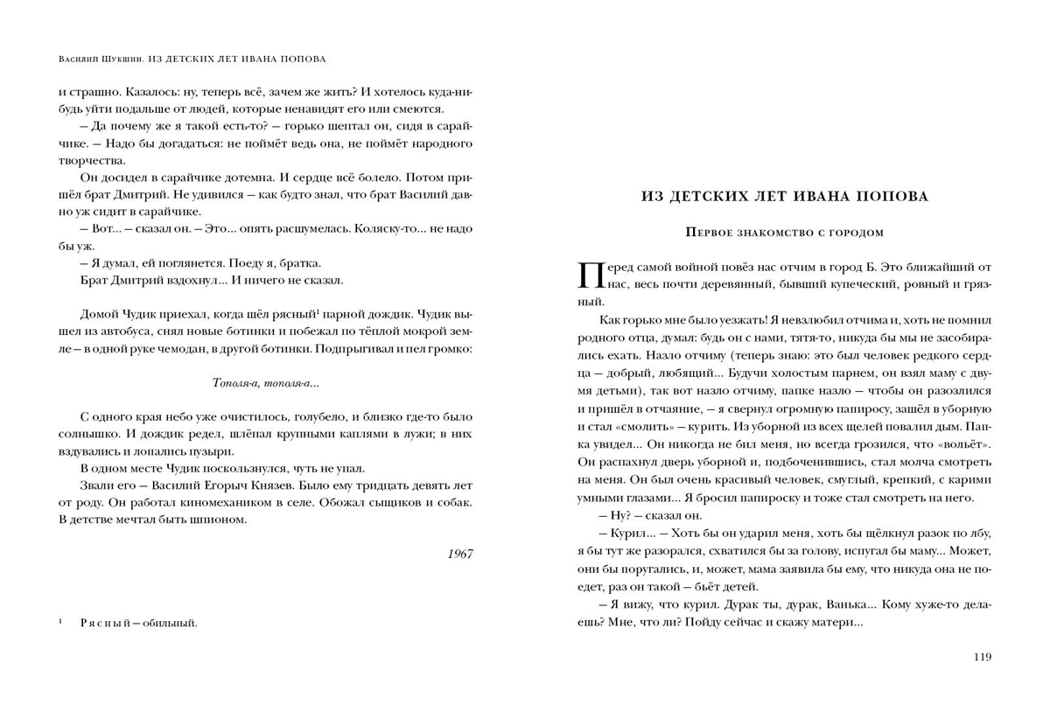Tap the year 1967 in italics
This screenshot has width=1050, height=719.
pos(459,554)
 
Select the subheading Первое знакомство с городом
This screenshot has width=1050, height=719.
pos(785,233)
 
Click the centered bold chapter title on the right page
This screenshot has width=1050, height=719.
pos(785,196)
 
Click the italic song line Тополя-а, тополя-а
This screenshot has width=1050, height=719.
pos(265,383)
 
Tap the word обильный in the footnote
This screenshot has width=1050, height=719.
pos(173,623)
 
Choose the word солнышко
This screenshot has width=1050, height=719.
pos(87,433)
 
